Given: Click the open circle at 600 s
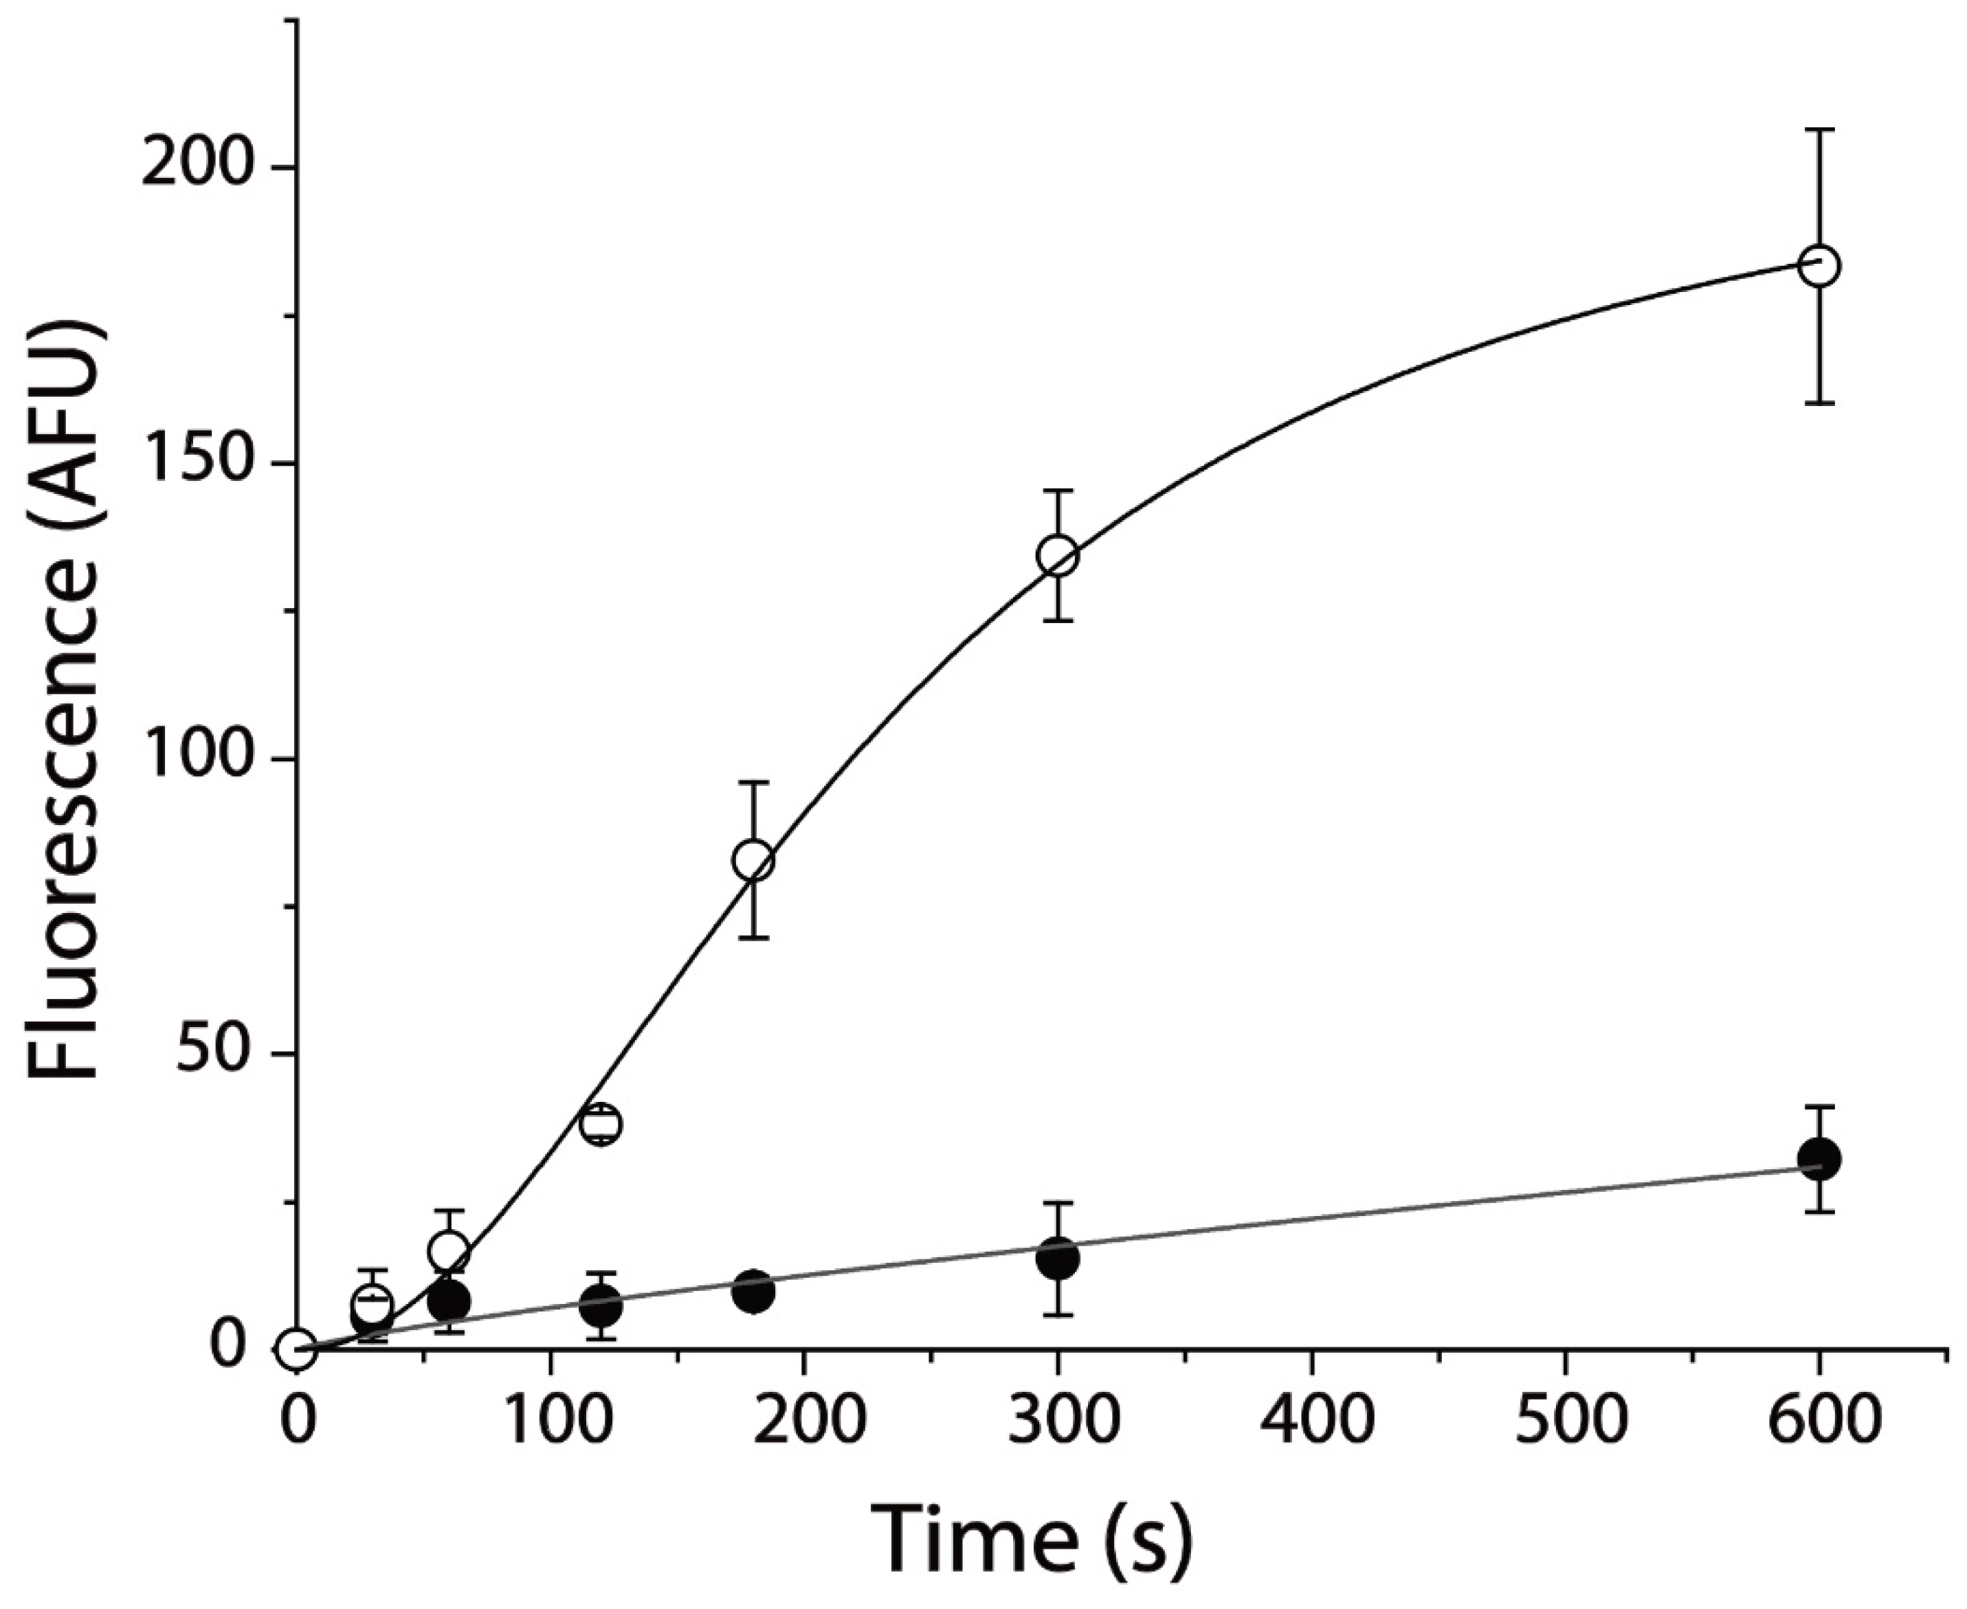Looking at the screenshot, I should [1820, 265].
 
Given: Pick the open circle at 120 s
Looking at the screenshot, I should [601, 1124].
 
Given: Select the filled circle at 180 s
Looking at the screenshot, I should [754, 1290].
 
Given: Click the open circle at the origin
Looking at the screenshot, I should [298, 1349].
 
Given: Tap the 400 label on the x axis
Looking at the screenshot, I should [1311, 1420].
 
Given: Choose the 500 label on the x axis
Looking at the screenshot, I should [1566, 1420].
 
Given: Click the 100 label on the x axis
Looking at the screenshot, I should [551, 1420].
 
